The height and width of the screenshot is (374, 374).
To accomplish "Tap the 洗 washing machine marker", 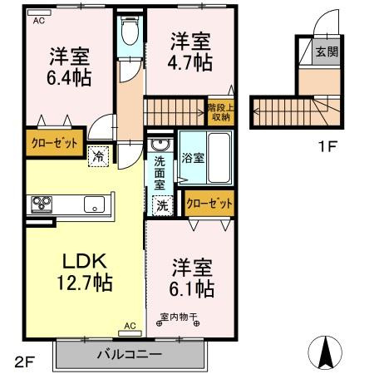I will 161,204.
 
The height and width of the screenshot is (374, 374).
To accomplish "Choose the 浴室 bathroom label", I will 194,157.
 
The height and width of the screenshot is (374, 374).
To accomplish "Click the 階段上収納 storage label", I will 220,111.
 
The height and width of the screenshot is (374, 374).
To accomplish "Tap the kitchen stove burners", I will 42,204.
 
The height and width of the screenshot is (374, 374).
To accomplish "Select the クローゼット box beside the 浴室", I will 209,203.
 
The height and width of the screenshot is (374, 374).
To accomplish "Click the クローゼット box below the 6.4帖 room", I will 55,142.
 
